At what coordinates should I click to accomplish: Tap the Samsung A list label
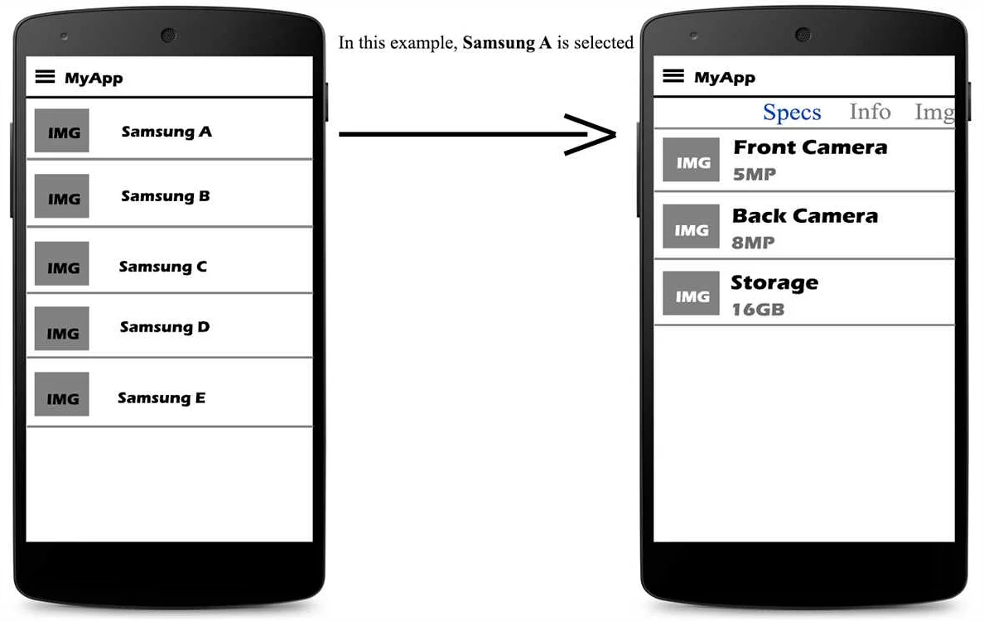(166, 132)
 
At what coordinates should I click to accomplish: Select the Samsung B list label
(166, 196)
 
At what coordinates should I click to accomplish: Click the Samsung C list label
(163, 267)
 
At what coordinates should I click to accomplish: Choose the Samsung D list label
(165, 327)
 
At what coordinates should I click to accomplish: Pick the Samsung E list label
(162, 398)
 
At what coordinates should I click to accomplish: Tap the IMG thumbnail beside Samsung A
(62, 132)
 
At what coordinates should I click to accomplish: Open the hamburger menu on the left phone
(46, 77)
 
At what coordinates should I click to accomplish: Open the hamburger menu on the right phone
(674, 76)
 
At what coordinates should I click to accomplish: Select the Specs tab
(792, 113)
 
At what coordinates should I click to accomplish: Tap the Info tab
(870, 112)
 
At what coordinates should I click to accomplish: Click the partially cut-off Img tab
(934, 113)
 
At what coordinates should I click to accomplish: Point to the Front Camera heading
(810, 147)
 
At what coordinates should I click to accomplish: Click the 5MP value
(754, 175)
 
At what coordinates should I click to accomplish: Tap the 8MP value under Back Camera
(753, 243)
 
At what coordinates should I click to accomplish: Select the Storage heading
(774, 283)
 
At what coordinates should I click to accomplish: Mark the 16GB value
(758, 310)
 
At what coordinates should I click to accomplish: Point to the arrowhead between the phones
(592, 134)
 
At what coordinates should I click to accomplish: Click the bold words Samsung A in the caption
(507, 43)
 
